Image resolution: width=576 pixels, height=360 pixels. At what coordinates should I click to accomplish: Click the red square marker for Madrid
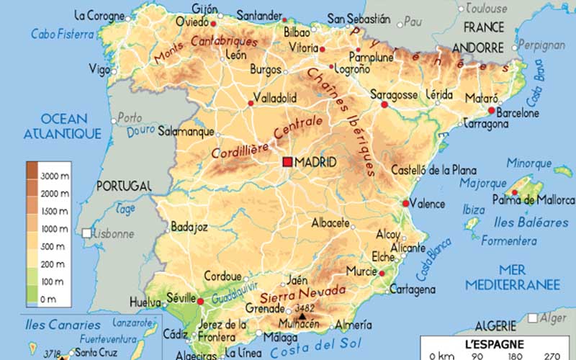point(288,163)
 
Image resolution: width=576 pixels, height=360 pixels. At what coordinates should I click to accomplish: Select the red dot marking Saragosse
point(384,105)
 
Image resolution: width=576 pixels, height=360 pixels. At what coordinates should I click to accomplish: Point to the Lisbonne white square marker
point(87,233)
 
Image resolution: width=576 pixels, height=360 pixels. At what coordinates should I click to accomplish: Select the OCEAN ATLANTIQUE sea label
point(63,126)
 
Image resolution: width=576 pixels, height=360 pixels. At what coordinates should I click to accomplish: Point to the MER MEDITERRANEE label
point(512,278)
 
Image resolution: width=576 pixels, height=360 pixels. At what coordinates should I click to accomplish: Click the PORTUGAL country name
point(125,185)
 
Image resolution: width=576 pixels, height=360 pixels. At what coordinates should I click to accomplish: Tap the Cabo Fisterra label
point(62,34)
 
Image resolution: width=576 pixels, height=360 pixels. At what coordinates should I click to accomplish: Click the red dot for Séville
point(201,301)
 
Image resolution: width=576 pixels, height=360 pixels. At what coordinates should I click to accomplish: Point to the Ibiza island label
point(474,210)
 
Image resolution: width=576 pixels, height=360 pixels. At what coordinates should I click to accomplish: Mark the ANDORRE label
point(479,48)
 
